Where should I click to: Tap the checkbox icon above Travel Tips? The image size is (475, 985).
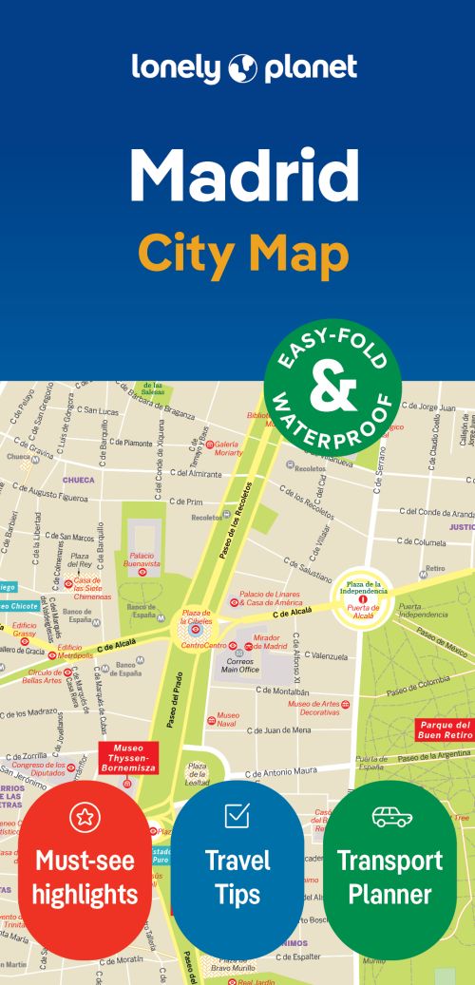237,814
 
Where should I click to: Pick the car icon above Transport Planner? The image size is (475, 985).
390,815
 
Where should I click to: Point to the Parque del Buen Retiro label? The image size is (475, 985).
444,729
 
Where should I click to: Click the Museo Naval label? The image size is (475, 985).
228,719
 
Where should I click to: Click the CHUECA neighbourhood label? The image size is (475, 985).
78,481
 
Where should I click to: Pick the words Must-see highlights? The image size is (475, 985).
85,877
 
